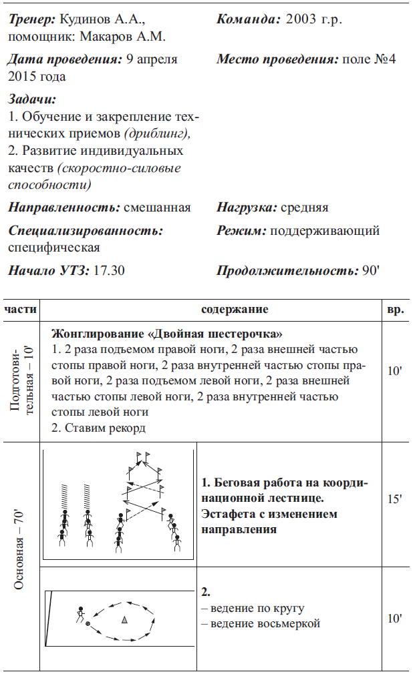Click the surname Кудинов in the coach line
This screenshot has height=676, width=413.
[84, 20]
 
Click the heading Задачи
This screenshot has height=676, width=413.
[32, 99]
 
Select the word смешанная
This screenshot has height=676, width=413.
[157, 208]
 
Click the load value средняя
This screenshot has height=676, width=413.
[304, 208]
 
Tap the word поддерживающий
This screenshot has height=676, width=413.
[324, 231]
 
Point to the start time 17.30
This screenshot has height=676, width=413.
[109, 271]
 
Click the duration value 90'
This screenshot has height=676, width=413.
[370, 271]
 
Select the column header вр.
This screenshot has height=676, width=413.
[394, 310]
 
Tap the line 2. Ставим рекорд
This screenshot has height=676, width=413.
[98, 429]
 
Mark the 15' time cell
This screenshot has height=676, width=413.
[394, 498]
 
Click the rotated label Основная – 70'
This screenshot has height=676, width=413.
[20, 549]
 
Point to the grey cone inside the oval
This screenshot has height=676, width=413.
[124, 620]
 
